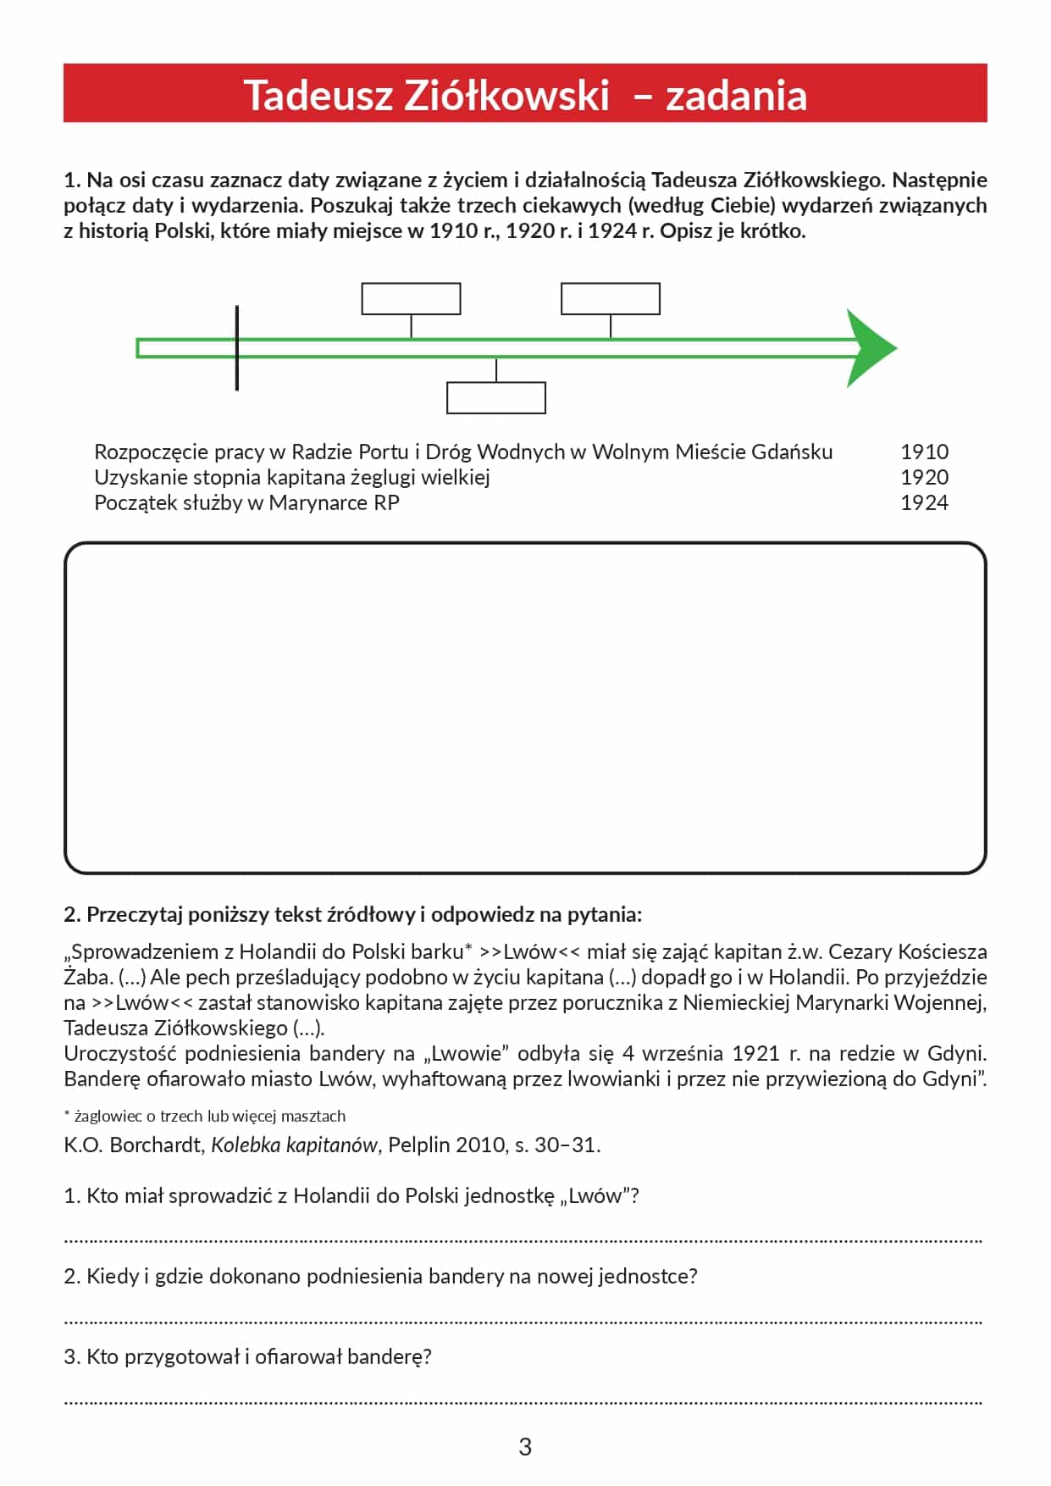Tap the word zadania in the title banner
tap(735, 95)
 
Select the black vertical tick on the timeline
tap(237, 348)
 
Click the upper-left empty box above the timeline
tap(411, 299)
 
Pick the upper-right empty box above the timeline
tap(610, 299)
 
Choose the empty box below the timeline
tap(495, 398)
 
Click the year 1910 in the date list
tap(924, 452)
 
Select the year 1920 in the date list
tap(924, 477)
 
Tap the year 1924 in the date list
tap(924, 502)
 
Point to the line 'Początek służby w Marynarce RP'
tap(246, 502)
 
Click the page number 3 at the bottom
tap(525, 1446)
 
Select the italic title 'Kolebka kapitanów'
tap(294, 1145)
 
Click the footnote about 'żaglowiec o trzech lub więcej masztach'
tap(205, 1116)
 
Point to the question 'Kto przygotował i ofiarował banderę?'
tap(247, 1356)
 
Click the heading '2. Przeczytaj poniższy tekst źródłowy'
tap(352, 914)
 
